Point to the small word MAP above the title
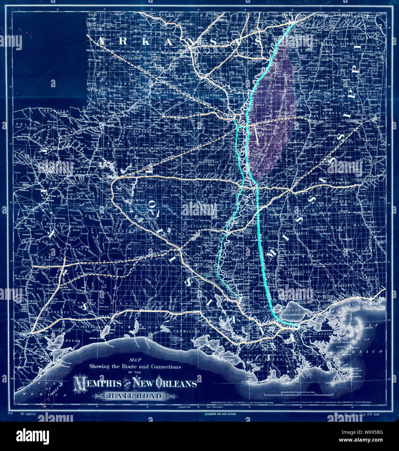coord(134,360)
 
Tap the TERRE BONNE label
coord(265,359)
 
